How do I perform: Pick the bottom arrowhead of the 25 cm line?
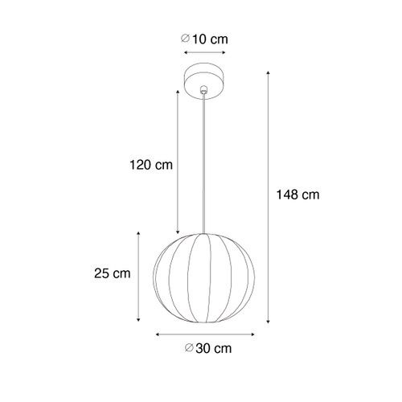tap(140, 319)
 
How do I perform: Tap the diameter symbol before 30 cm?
tap(187, 348)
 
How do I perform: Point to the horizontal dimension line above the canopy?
tap(204, 54)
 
